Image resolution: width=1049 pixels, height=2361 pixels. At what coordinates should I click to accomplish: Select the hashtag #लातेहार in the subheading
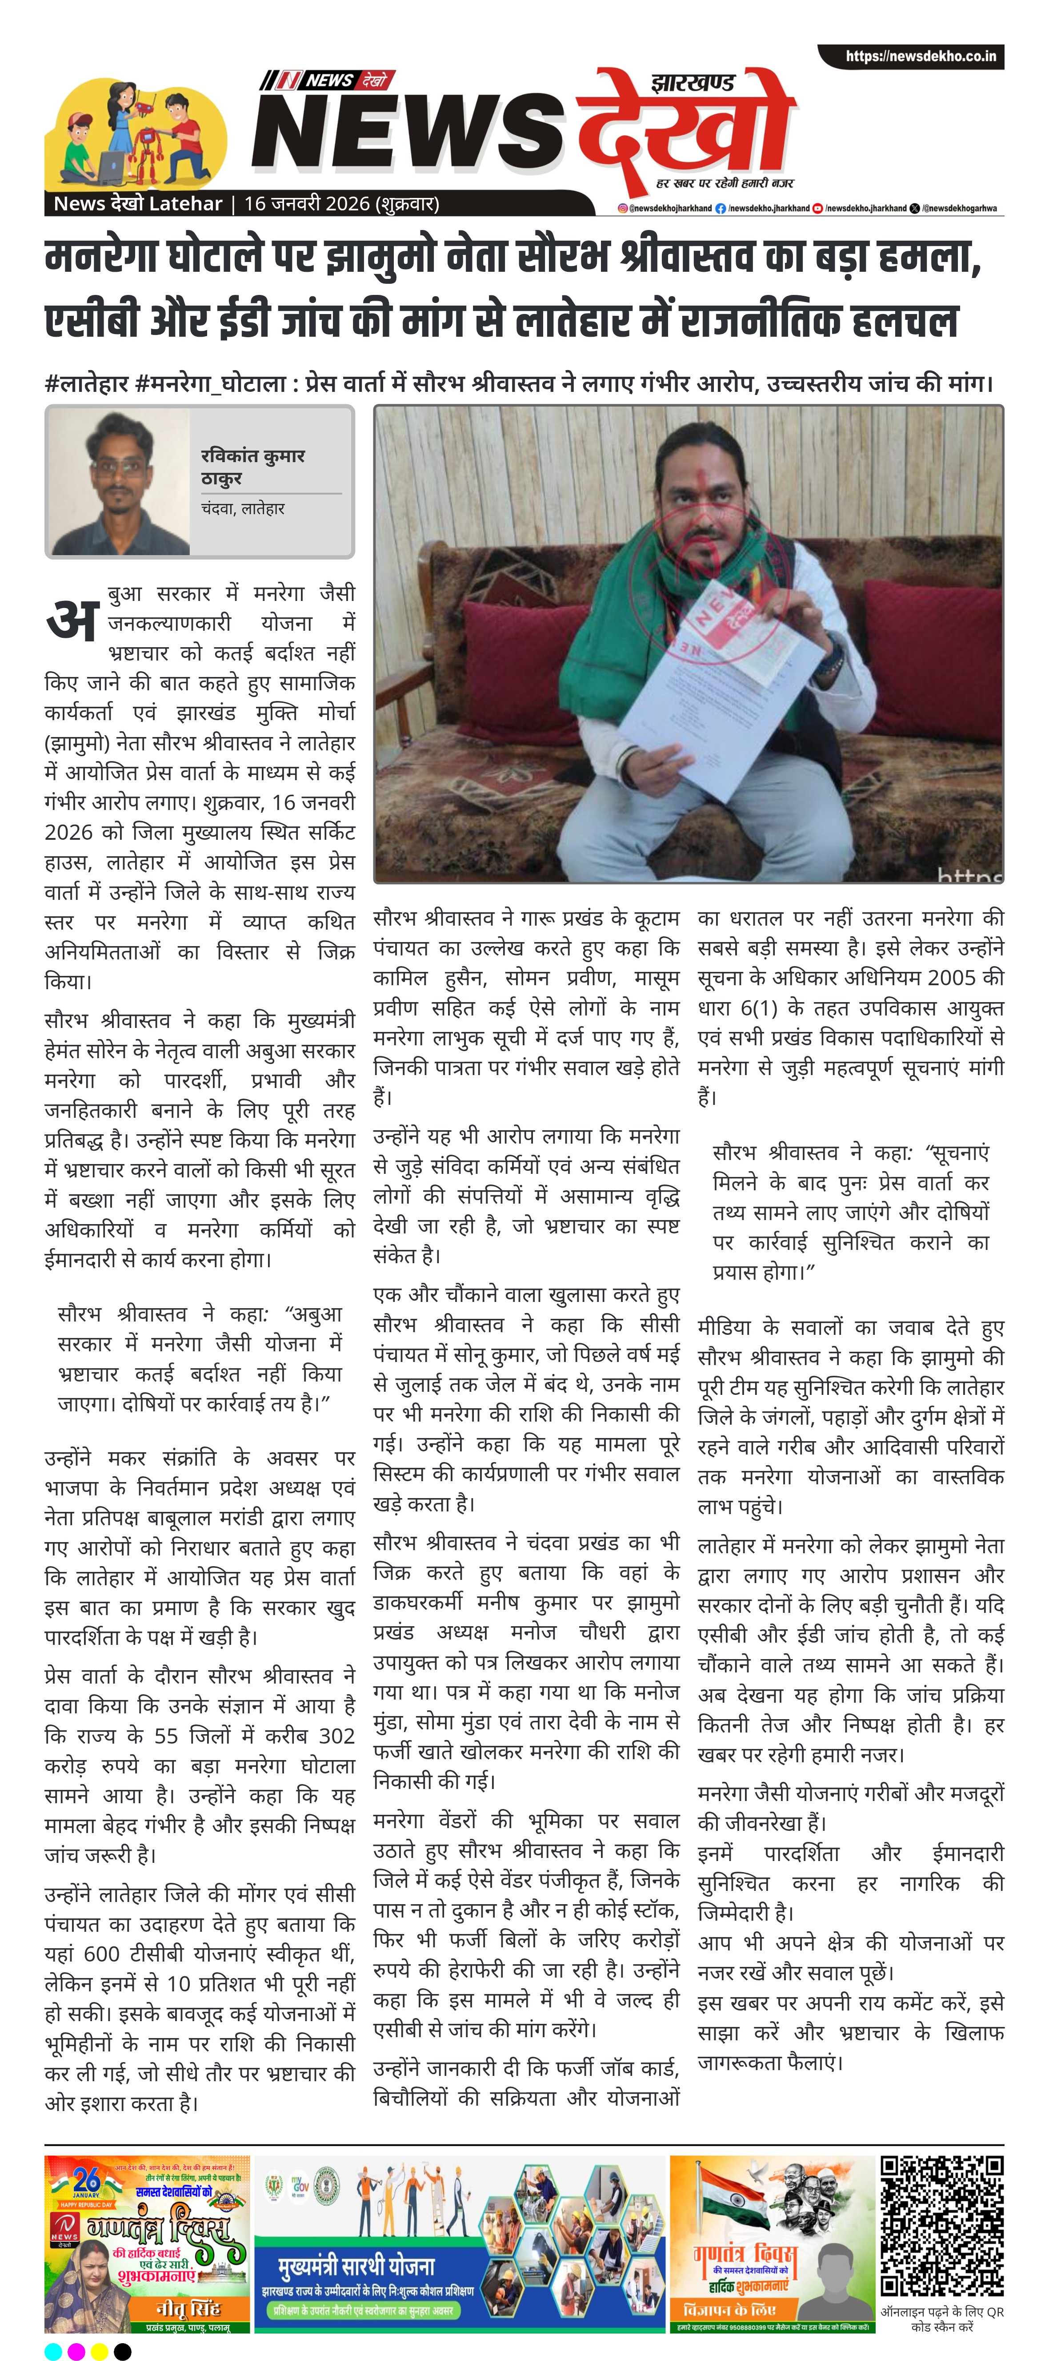pyautogui.click(x=86, y=383)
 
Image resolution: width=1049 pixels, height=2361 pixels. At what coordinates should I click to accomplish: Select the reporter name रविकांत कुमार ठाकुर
pyautogui.click(x=253, y=467)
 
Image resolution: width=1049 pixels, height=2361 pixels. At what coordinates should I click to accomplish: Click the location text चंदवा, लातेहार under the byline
pyautogui.click(x=243, y=509)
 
